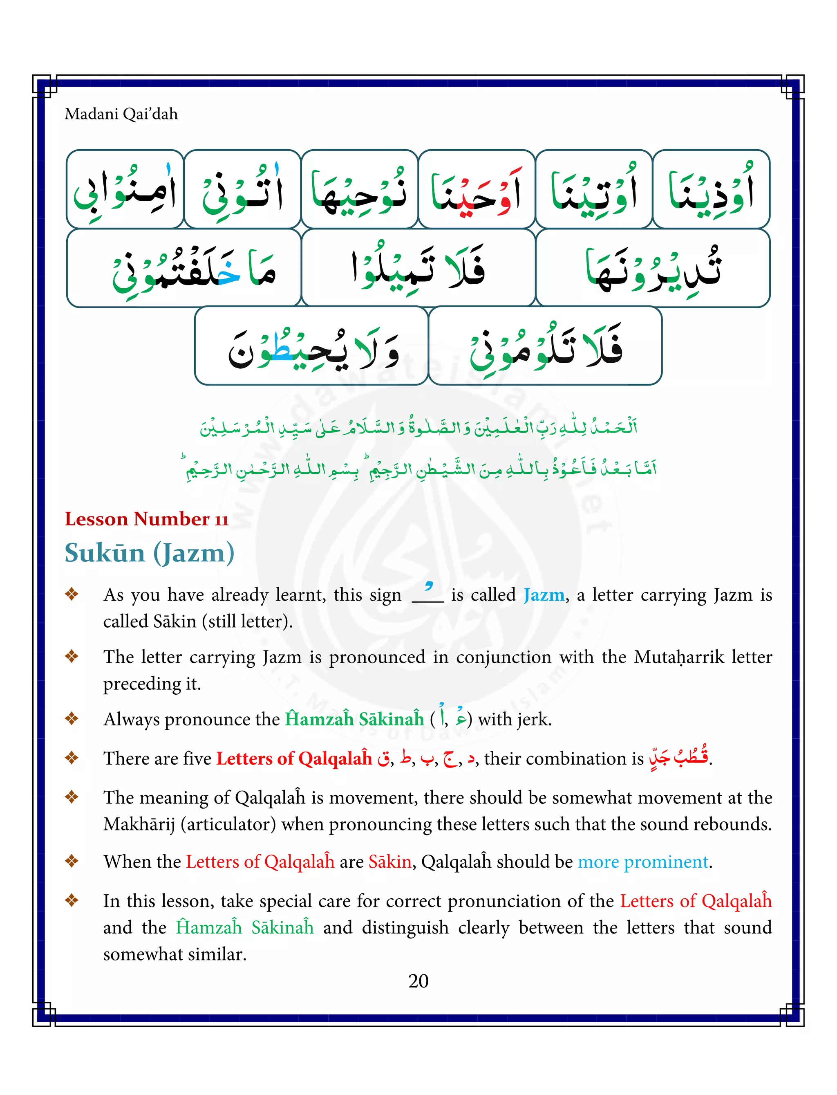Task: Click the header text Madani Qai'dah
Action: [121, 114]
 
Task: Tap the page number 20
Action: [418, 981]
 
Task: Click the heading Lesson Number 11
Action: [146, 519]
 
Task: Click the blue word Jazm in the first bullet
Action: [544, 595]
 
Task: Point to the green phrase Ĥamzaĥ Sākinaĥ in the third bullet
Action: [354, 719]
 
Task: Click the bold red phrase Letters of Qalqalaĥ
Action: [294, 758]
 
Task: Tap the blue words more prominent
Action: [643, 861]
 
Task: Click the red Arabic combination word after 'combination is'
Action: [678, 758]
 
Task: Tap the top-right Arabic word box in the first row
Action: [711, 189]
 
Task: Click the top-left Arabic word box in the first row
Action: [125, 189]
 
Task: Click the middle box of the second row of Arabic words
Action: [418, 268]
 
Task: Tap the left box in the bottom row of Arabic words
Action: [311, 346]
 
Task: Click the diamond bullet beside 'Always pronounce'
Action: [72, 718]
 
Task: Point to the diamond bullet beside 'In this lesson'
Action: [72, 900]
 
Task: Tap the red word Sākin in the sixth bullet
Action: [389, 861]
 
